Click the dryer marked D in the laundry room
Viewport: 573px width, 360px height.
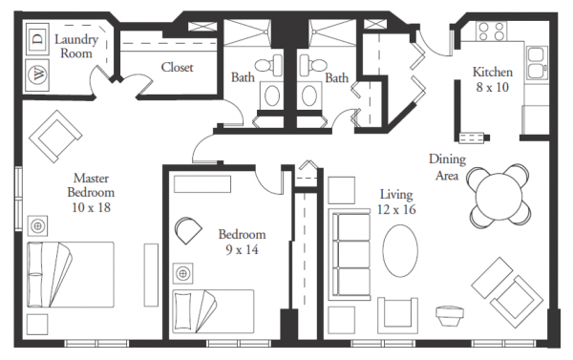tap(37, 39)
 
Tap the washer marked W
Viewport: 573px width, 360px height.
tap(37, 74)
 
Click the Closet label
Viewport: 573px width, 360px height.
tap(178, 67)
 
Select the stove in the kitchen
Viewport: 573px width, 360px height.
tap(492, 32)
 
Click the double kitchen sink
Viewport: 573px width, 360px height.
tap(537, 63)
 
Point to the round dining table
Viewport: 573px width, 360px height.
tap(499, 196)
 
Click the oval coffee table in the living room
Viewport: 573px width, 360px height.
tap(400, 251)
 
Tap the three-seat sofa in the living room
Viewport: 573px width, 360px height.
tap(350, 254)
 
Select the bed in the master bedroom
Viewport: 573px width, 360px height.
tap(71, 274)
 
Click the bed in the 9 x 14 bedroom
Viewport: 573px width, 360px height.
tap(213, 311)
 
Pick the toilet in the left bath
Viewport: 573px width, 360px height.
tap(268, 65)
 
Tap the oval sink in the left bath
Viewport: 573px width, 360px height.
tap(272, 95)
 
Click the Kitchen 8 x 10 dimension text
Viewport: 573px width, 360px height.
tap(493, 79)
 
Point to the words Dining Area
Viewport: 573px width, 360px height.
tap(447, 167)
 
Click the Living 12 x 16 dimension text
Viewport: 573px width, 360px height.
tap(396, 201)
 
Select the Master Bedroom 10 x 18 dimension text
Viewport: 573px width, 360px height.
tap(91, 193)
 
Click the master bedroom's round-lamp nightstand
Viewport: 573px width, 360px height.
tap(37, 226)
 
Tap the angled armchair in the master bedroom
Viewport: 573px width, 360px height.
tap(55, 137)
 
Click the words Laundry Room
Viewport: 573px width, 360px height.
tap(76, 46)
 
